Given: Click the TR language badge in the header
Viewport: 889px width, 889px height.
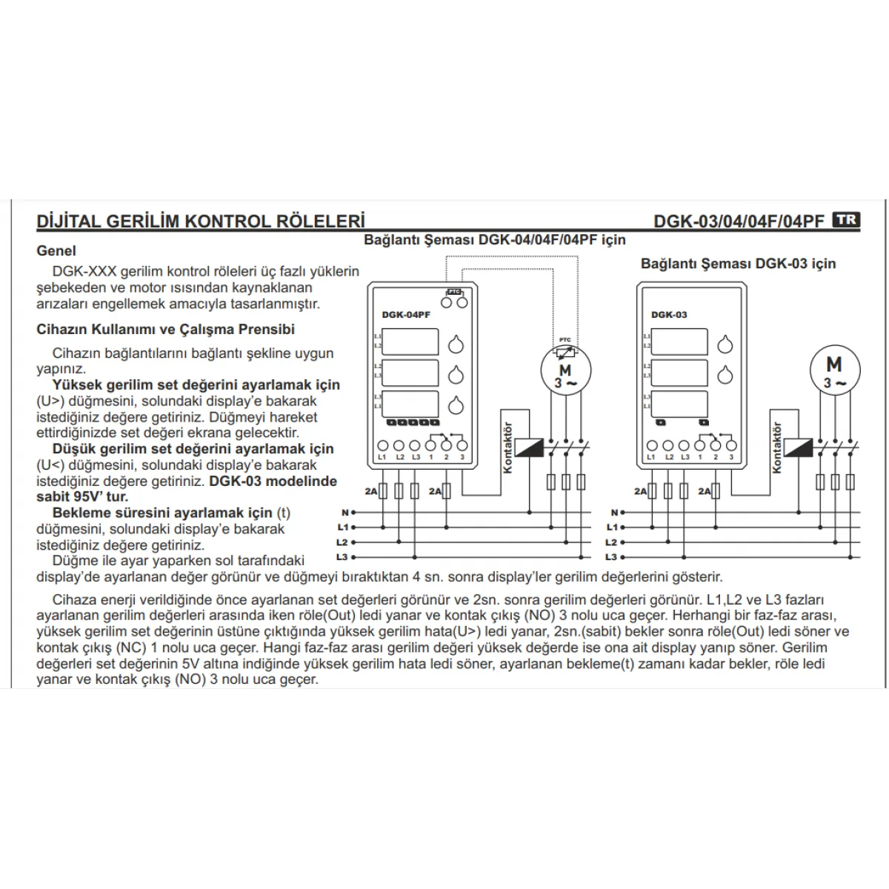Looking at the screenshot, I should pyautogui.click(x=846, y=220).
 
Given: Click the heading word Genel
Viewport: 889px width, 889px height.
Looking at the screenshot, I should pyautogui.click(x=56, y=251).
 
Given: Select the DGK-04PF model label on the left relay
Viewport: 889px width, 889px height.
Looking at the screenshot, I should pyautogui.click(x=406, y=315).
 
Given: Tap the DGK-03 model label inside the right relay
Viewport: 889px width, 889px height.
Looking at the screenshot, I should pyautogui.click(x=669, y=315).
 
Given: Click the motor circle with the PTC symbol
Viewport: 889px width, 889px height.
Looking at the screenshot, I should pyautogui.click(x=565, y=368).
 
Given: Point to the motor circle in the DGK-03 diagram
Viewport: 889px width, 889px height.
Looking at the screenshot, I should pyautogui.click(x=834, y=368).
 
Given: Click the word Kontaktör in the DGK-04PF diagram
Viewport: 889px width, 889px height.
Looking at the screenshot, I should pyautogui.click(x=508, y=447).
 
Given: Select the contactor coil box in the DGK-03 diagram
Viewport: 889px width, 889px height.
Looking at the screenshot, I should pyautogui.click(x=799, y=447).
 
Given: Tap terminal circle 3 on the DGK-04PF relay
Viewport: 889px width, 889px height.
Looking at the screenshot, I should pyautogui.click(x=462, y=445).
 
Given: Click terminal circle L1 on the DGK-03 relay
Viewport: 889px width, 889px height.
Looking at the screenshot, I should pyautogui.click(x=652, y=445).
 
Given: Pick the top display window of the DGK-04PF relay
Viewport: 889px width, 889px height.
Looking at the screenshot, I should pyautogui.click(x=412, y=342).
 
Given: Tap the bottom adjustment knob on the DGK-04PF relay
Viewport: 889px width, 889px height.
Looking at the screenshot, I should pyautogui.click(x=456, y=405).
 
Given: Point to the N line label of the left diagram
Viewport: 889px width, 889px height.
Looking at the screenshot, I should pyautogui.click(x=344, y=512).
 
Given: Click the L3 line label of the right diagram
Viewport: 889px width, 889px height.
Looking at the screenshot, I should pyautogui.click(x=611, y=557).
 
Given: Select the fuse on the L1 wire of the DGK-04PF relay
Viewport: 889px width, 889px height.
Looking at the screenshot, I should pyautogui.click(x=383, y=490).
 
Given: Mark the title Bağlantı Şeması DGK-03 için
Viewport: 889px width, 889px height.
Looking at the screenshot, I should pyautogui.click(x=738, y=264).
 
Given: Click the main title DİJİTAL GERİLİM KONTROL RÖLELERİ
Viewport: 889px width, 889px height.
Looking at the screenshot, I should pyautogui.click(x=201, y=222).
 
